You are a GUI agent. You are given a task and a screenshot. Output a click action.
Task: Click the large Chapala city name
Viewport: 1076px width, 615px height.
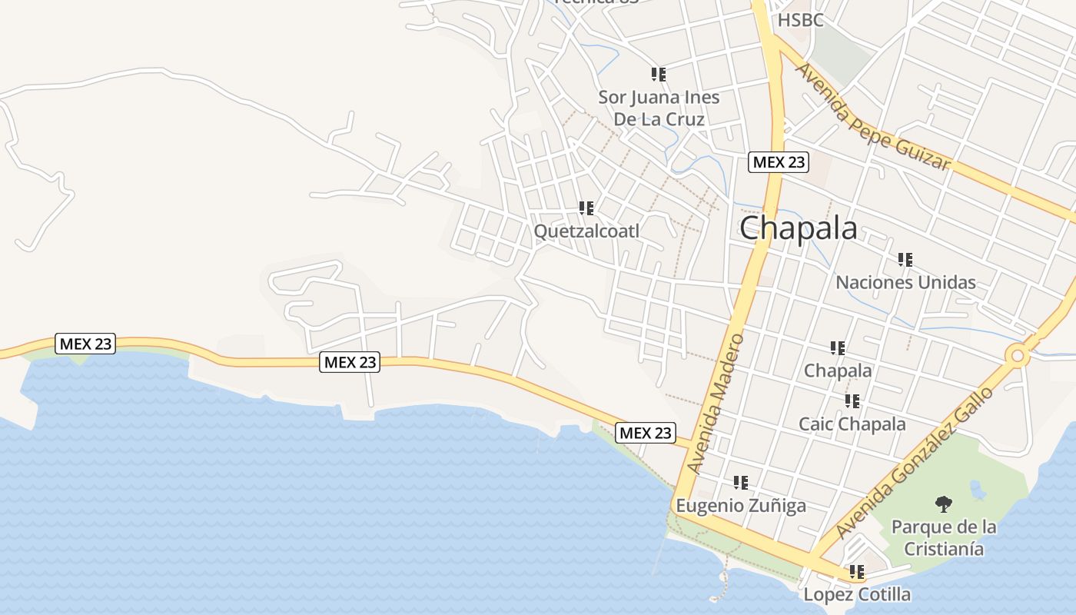click(799, 228)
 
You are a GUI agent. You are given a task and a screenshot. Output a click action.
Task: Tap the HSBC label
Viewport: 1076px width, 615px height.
click(800, 20)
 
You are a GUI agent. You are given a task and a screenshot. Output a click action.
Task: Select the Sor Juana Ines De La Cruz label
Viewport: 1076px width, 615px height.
click(659, 108)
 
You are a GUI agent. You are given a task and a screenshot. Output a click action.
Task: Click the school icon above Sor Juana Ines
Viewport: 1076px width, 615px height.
click(659, 75)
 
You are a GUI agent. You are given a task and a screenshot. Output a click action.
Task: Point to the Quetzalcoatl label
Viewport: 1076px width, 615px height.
click(586, 231)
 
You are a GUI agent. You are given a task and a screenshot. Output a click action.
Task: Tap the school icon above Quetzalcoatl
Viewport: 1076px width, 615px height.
click(587, 208)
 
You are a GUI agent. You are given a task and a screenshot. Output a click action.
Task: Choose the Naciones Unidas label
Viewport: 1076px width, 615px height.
click(905, 282)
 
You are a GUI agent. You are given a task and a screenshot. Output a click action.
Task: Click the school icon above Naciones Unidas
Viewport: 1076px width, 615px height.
click(905, 260)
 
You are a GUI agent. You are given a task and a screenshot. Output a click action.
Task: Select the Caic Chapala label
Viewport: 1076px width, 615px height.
click(852, 424)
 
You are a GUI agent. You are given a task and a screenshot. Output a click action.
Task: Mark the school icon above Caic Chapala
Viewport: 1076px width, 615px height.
click(852, 401)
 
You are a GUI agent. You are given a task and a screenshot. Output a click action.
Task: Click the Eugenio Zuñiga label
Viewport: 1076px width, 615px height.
click(741, 505)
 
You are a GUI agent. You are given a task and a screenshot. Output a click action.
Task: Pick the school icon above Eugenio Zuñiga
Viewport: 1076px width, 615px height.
click(741, 483)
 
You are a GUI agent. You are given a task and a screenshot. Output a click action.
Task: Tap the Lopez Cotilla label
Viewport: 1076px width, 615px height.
click(857, 594)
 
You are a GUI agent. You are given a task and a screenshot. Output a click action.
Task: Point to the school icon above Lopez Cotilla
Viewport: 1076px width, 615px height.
click(857, 572)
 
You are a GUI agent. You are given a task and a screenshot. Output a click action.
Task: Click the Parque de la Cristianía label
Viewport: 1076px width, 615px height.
click(944, 537)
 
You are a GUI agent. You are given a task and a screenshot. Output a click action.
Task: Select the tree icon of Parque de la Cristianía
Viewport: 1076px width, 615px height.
click(944, 504)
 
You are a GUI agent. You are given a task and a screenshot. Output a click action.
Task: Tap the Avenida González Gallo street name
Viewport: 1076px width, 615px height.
click(914, 462)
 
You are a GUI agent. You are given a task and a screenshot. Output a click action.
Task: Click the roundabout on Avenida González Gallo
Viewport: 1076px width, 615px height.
click(1018, 355)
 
